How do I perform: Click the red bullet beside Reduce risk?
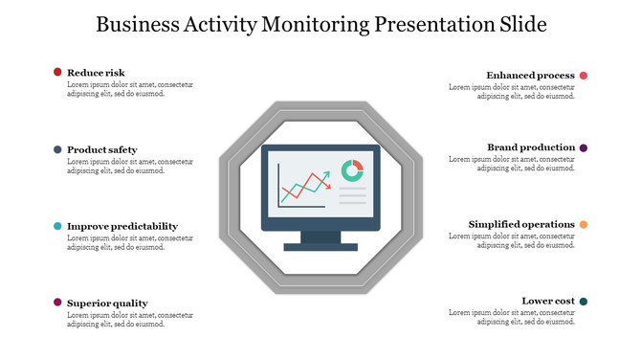click(x=57, y=72)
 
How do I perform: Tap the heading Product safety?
click(x=101, y=149)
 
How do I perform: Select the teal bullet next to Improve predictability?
click(x=57, y=226)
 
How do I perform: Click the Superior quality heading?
click(x=107, y=304)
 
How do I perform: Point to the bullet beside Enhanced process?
click(x=584, y=76)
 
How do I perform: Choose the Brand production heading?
click(x=531, y=147)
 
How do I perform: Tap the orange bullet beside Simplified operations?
click(x=584, y=225)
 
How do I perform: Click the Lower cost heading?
click(x=548, y=301)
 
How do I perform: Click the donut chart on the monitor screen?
click(x=352, y=169)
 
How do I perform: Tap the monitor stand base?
click(x=320, y=247)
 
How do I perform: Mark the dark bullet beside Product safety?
click(x=57, y=149)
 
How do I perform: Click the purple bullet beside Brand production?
click(x=584, y=147)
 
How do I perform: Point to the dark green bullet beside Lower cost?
click(x=584, y=302)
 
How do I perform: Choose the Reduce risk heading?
click(x=96, y=72)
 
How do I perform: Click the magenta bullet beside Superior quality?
click(x=57, y=303)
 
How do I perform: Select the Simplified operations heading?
click(x=521, y=224)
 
